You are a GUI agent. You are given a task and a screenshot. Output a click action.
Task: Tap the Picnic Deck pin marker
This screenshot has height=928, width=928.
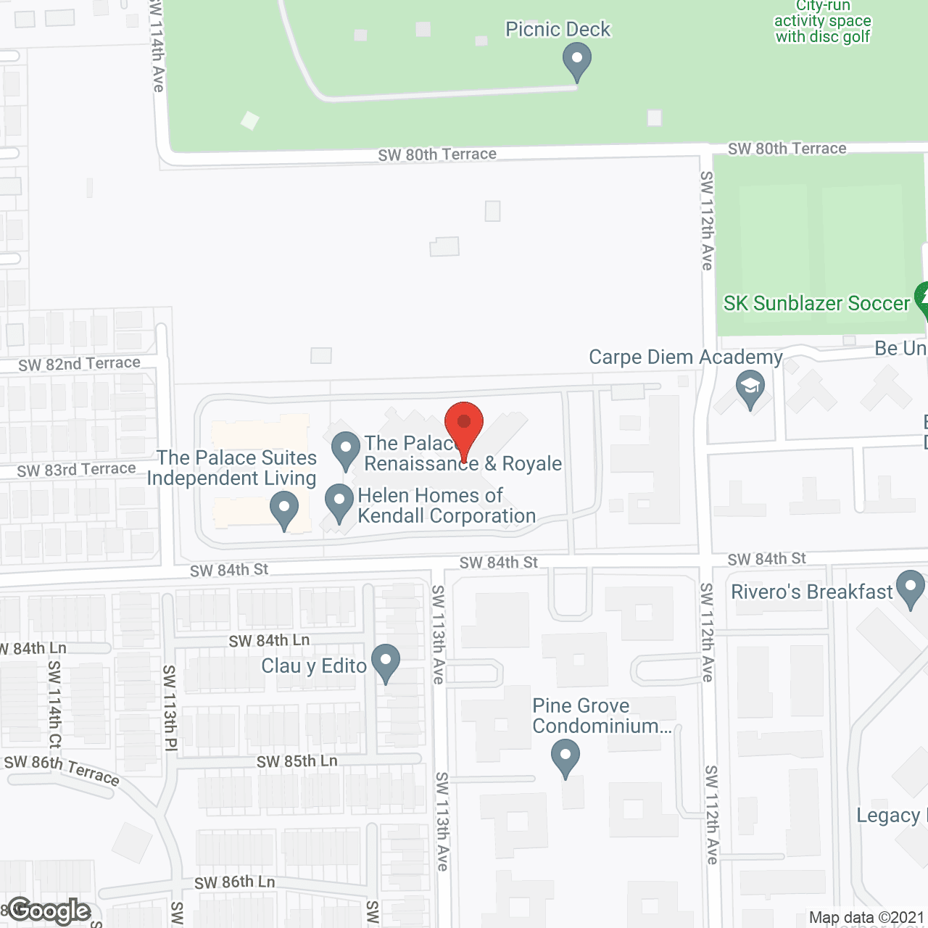tap(577, 60)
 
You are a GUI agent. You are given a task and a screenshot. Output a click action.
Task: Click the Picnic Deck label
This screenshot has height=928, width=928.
tap(558, 29)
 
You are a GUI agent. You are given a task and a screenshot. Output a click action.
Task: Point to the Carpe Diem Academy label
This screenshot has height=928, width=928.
tap(685, 357)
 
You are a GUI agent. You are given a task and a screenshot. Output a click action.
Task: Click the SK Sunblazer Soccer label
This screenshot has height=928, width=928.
tap(816, 303)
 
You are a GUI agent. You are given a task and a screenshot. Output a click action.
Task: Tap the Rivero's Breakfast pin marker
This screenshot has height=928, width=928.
tap(911, 588)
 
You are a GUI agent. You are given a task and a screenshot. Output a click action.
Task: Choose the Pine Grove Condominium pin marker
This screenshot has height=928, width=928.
tap(565, 757)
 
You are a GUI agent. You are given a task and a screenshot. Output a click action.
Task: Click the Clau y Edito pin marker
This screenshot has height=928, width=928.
tap(386, 662)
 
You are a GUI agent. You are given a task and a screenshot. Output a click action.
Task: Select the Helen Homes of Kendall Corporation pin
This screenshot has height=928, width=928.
tap(339, 501)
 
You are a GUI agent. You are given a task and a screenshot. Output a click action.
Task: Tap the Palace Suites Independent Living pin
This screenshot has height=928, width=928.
tap(284, 508)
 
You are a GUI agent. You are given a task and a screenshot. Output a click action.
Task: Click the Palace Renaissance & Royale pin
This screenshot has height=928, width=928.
tap(346, 449)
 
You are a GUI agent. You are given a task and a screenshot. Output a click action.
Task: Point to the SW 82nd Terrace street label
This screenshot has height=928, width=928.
tap(79, 363)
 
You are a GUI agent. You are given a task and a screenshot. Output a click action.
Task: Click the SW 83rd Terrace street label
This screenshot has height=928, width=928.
tap(76, 470)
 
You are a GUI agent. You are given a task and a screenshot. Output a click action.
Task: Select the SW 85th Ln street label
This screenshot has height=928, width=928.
tap(297, 761)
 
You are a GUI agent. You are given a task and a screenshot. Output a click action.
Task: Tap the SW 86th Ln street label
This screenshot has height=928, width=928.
tap(234, 882)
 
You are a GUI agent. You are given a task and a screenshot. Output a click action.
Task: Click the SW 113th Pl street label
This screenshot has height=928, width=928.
tap(169, 708)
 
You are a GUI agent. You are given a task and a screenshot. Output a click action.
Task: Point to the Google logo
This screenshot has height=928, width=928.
tap(49, 911)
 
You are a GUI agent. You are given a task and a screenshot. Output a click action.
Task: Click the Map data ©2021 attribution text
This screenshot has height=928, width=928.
tap(866, 918)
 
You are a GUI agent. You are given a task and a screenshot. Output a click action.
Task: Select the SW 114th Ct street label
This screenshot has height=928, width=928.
tap(55, 704)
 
